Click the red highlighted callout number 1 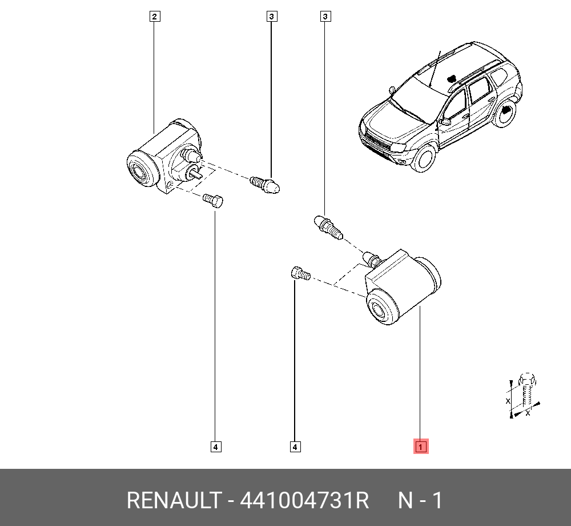click(421, 447)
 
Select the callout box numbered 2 click(155, 17)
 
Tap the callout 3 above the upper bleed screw click(272, 17)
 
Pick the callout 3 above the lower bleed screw click(325, 17)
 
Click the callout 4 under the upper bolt click(216, 447)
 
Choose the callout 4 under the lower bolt click(295, 447)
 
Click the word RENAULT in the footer click(174, 500)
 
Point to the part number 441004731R click(304, 500)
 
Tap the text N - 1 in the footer click(420, 500)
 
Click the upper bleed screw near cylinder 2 click(265, 185)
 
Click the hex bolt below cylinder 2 click(213, 201)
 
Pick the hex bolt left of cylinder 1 click(300, 273)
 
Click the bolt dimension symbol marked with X click(523, 396)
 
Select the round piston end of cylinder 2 click(142, 169)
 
